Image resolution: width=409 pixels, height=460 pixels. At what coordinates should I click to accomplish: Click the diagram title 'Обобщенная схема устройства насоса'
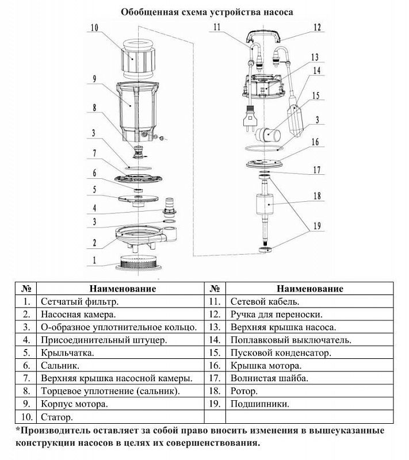tap(207, 12)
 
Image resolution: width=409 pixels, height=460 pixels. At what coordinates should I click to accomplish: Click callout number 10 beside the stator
tap(94, 28)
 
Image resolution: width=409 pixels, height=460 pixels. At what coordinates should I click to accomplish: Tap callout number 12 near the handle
tap(317, 28)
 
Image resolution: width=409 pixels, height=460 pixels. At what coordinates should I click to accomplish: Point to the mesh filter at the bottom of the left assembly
tap(139, 263)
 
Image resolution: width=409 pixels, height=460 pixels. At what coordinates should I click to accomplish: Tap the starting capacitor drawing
tap(268, 135)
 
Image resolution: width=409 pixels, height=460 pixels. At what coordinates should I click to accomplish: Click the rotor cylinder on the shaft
tap(266, 205)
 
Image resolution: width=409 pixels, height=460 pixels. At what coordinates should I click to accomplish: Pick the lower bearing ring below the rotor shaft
tap(265, 250)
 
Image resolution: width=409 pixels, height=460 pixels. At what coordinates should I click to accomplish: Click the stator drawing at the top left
tap(137, 59)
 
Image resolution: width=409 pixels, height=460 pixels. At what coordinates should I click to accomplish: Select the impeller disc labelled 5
tap(139, 199)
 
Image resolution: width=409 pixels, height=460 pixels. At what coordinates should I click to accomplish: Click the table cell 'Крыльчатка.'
tap(67, 352)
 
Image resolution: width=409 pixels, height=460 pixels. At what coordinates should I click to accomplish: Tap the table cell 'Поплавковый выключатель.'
tap(290, 340)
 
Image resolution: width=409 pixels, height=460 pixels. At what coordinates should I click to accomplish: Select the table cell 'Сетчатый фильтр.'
tap(79, 301)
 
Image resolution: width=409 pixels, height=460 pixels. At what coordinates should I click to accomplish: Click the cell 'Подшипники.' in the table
tap(260, 404)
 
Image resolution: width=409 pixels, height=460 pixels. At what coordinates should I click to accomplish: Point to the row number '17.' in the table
tap(215, 378)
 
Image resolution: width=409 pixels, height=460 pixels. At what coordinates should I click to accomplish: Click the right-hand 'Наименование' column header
tap(310, 289)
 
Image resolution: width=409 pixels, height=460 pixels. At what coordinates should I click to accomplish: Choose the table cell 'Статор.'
tap(57, 417)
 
